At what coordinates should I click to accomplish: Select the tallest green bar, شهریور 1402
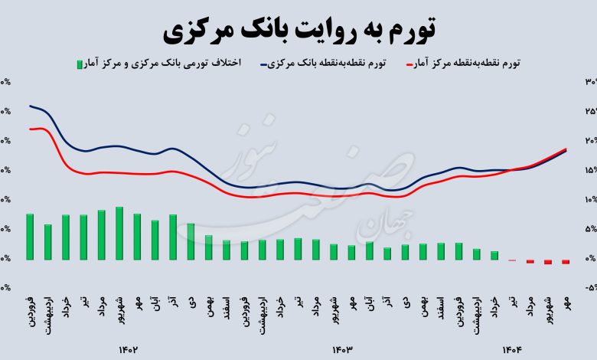[119, 234]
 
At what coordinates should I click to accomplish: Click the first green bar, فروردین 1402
[30, 237]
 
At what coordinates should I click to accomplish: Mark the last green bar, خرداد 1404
[494, 256]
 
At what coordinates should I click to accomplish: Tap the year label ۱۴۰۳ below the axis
[341, 350]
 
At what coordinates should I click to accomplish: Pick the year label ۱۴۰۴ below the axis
[511, 350]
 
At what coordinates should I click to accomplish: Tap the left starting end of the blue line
[30, 106]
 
